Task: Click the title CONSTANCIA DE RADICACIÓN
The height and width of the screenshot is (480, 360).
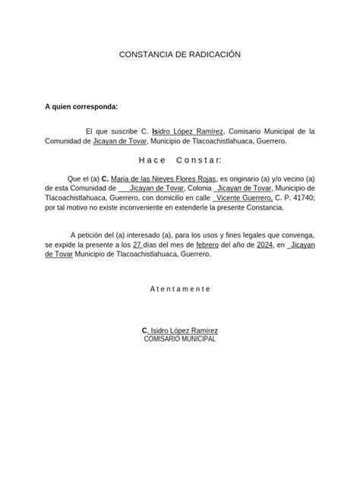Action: tap(180, 56)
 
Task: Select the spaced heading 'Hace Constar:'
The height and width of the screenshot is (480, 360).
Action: tap(180, 161)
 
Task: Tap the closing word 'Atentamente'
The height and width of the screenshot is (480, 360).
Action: tap(180, 289)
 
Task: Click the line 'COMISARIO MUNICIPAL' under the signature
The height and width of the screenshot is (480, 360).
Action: tap(180, 339)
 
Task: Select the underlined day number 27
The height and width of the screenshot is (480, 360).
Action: tap(137, 246)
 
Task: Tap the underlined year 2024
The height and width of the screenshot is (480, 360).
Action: tap(265, 246)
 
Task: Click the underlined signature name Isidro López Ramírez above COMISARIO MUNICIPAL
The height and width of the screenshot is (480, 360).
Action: tap(183, 330)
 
